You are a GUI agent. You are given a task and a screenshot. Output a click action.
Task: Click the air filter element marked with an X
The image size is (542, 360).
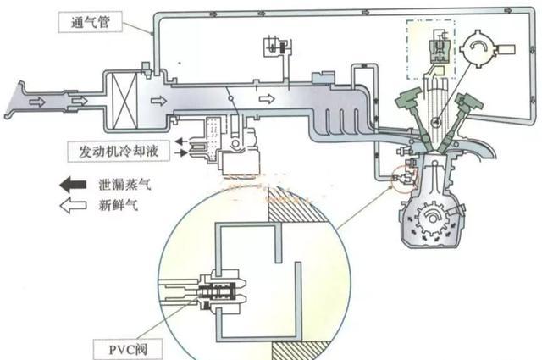click(x=123, y=98)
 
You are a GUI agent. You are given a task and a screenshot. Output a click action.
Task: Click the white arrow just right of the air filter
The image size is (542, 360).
click(x=158, y=100)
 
